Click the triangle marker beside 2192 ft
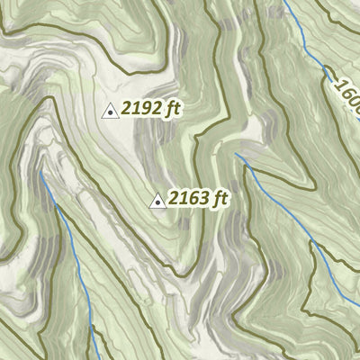[x=110, y=111]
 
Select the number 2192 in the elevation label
[x=142, y=109]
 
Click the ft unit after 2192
[x=173, y=109]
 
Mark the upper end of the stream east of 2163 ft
[x=238, y=155]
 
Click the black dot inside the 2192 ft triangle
[x=110, y=112]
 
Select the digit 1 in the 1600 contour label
[x=337, y=85]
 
